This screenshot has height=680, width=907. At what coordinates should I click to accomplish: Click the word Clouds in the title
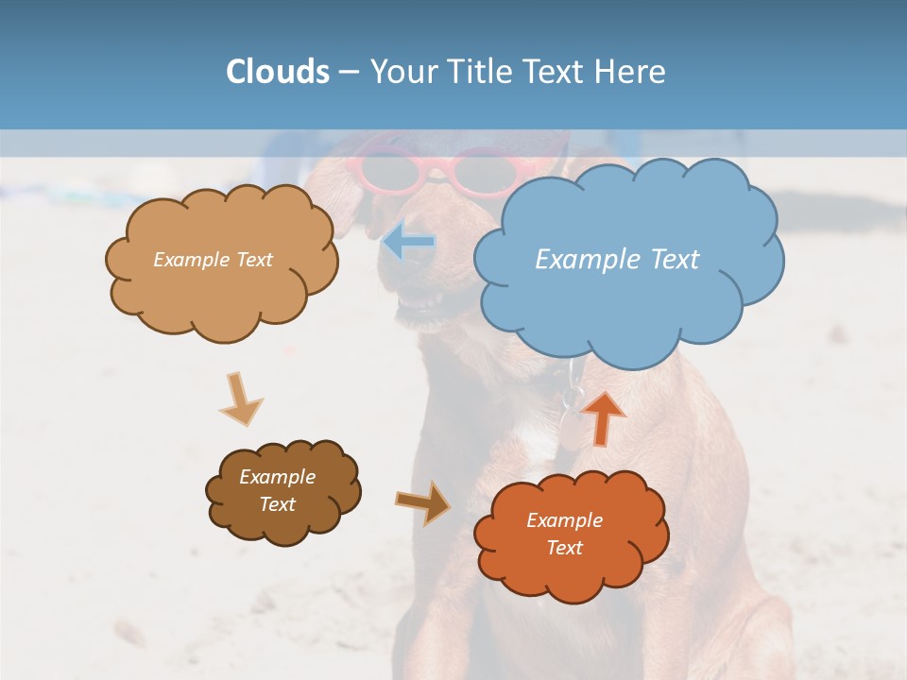point(278,72)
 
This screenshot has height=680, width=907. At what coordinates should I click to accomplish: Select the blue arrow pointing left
point(409,243)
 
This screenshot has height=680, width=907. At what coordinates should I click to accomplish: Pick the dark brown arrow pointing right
point(423,502)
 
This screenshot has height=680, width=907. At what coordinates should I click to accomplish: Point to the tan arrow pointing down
point(240,399)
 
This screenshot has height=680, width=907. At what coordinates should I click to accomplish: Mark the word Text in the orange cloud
point(564,548)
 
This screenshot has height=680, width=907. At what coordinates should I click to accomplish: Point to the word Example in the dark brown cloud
point(277,477)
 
